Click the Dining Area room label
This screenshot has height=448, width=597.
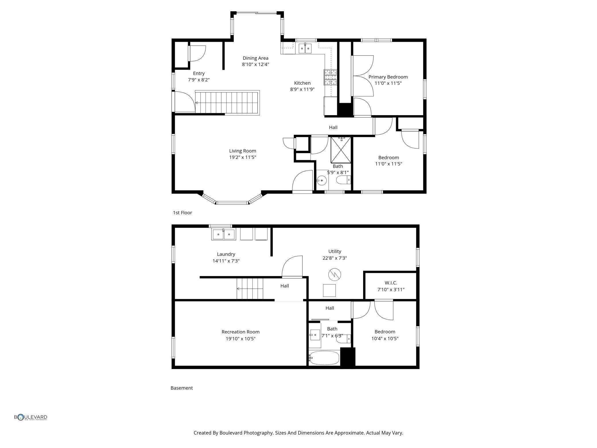[x=255, y=58]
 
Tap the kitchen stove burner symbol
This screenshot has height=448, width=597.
[x=330, y=77]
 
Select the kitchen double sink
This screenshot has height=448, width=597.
[x=305, y=49]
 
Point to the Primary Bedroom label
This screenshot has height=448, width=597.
[x=388, y=77]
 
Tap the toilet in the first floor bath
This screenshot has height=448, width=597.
[x=343, y=180]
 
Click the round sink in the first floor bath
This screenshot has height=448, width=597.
[x=321, y=181]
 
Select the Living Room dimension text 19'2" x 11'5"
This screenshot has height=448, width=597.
[x=243, y=157]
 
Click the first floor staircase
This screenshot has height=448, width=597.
[x=227, y=103]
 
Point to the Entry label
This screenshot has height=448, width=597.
[x=199, y=73]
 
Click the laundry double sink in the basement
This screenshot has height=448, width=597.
[x=224, y=234]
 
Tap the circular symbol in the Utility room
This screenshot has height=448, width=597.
[x=335, y=274]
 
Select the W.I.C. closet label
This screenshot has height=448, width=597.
[x=391, y=283]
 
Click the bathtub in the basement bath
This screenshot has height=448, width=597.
[x=324, y=358]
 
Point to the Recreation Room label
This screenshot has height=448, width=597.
[x=241, y=332]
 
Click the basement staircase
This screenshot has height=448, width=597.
[x=250, y=289]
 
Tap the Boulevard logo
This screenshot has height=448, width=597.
[x=30, y=417]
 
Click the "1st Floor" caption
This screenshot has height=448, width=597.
[x=182, y=213]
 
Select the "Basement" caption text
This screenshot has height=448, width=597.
[x=182, y=388]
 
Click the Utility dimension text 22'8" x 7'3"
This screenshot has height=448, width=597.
[x=335, y=258]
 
